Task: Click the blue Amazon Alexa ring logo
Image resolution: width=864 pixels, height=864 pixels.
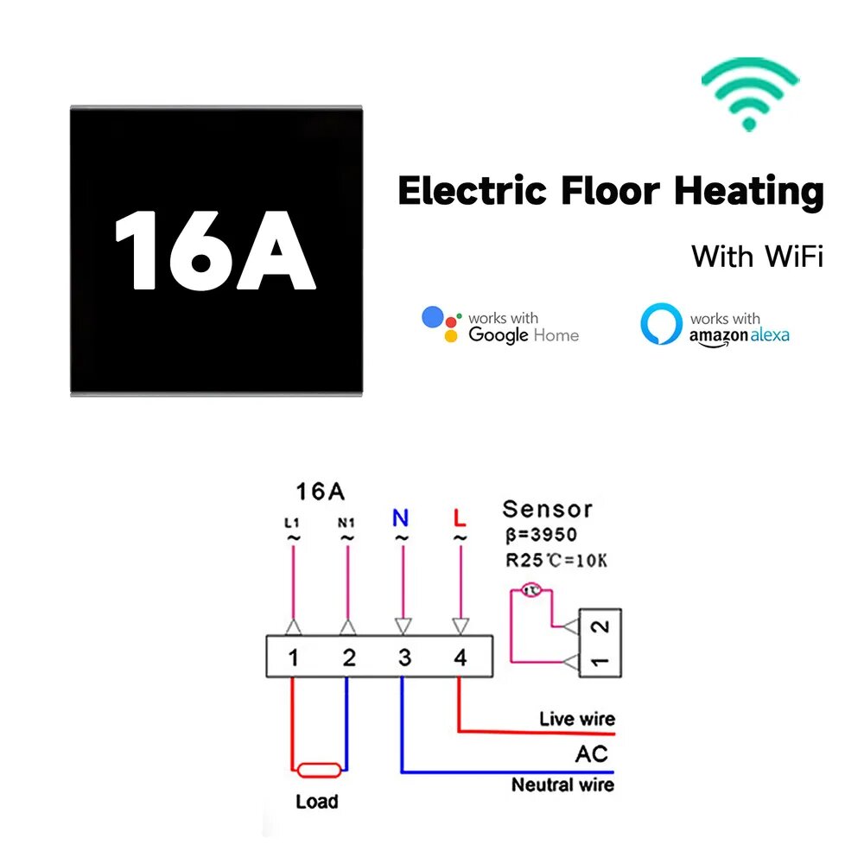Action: [x=661, y=323]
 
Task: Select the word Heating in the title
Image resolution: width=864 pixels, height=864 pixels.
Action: [x=749, y=191]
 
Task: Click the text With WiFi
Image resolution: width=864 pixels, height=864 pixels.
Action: [x=757, y=257]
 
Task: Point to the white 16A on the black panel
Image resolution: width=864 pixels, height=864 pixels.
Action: [x=215, y=251]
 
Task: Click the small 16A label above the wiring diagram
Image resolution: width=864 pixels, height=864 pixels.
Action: [x=321, y=492]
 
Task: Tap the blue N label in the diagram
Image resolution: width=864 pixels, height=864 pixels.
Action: [x=401, y=518]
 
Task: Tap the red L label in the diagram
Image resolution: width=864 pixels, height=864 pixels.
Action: [x=460, y=518]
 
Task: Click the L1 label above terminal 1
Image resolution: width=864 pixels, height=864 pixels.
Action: [x=292, y=523]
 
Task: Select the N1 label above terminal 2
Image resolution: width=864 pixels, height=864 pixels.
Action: [x=346, y=523]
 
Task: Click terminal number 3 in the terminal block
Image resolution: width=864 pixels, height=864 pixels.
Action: [x=404, y=658]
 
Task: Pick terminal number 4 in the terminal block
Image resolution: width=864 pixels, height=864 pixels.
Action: [x=461, y=658]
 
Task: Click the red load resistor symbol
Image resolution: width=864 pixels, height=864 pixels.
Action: [x=319, y=770]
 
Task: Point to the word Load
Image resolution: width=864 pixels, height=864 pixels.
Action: [x=317, y=802]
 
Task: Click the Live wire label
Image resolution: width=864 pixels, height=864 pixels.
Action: [x=577, y=719]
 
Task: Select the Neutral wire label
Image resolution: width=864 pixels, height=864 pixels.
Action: [x=562, y=785]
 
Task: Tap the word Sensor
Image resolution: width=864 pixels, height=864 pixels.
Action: [x=547, y=509]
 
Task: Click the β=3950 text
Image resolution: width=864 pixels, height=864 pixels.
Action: [x=541, y=535]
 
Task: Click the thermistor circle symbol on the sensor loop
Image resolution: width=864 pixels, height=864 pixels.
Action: [x=531, y=591]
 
